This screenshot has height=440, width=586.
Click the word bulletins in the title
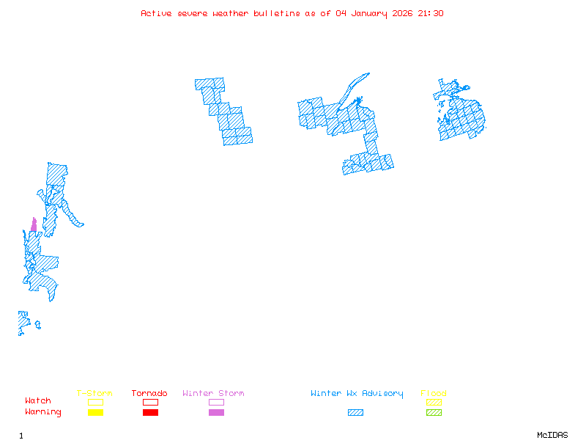point(277,13)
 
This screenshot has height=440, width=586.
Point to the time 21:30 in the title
point(430,13)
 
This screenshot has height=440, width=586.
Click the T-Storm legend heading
point(94,394)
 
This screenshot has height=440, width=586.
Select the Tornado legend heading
point(149,394)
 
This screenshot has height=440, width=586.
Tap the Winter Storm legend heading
point(213,394)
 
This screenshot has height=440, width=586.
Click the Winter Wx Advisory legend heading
point(357,394)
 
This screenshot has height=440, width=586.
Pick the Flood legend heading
point(434,394)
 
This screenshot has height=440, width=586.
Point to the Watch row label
point(38,401)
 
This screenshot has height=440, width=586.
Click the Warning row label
point(43,412)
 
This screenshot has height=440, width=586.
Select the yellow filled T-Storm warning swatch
point(95,413)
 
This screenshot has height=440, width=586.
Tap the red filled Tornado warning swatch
point(150,413)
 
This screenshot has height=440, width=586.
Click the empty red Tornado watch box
point(150,402)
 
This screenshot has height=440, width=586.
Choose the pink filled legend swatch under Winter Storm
point(216,413)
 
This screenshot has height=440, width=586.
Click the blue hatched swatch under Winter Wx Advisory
point(355,413)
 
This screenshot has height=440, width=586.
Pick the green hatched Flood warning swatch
point(434,413)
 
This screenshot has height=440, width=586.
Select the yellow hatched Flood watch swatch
point(434,402)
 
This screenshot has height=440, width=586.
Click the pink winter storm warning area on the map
point(34,225)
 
